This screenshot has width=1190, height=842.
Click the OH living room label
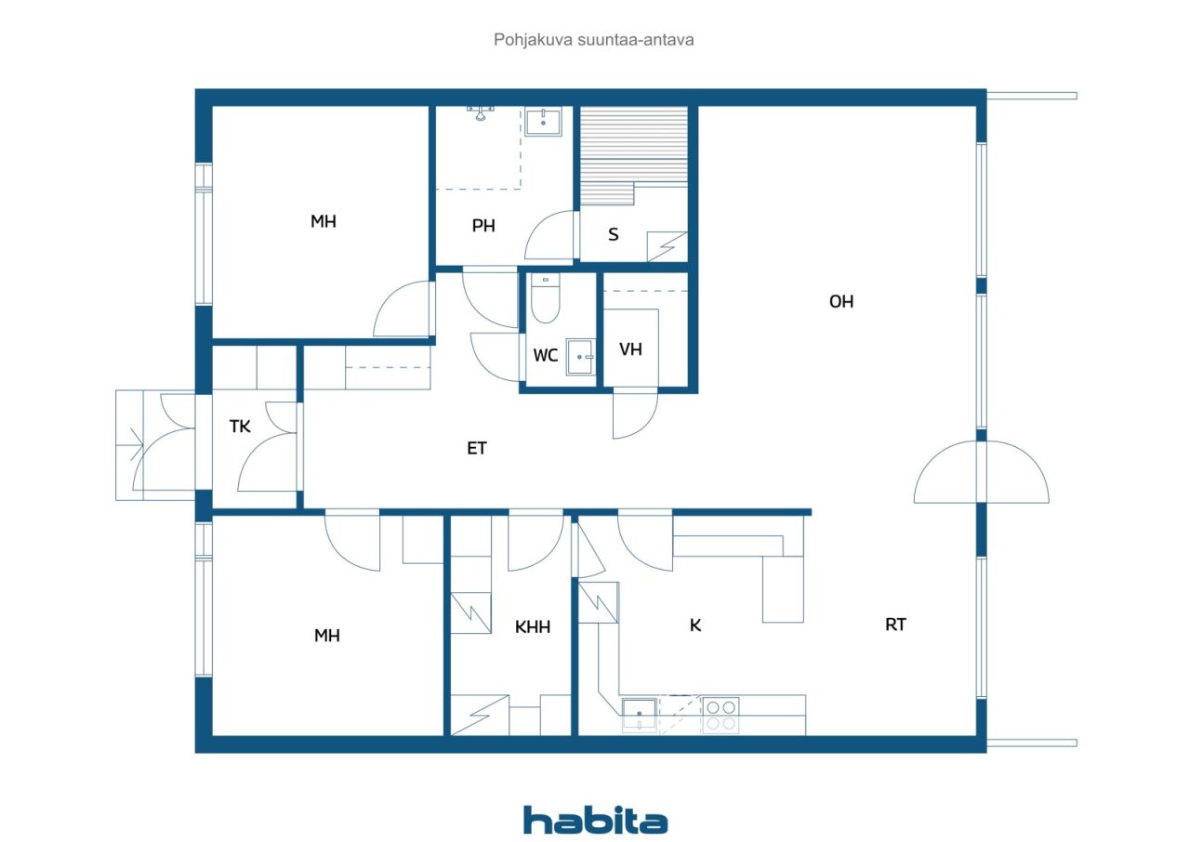coord(841,301)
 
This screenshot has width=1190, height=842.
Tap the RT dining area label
coord(895,625)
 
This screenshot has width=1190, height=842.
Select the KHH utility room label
coord(533,627)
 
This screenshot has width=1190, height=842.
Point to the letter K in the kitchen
coord(694,625)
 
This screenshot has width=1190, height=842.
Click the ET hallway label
coord(477,449)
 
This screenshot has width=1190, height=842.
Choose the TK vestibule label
coord(240,426)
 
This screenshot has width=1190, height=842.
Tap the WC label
coord(545,355)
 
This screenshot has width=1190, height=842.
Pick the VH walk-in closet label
coord(630,349)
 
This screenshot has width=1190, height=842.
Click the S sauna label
coord(613,234)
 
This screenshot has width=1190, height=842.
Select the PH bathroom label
coord(483,226)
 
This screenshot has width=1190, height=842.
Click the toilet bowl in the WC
coord(545,299)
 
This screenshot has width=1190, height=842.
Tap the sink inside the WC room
coord(580,357)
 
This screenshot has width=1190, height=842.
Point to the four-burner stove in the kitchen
coord(721,715)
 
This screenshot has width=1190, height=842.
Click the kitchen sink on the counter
coord(639,715)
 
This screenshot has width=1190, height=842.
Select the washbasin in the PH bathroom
coord(544,122)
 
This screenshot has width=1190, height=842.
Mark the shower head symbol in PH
coord(481,113)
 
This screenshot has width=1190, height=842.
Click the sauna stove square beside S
coord(668,246)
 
